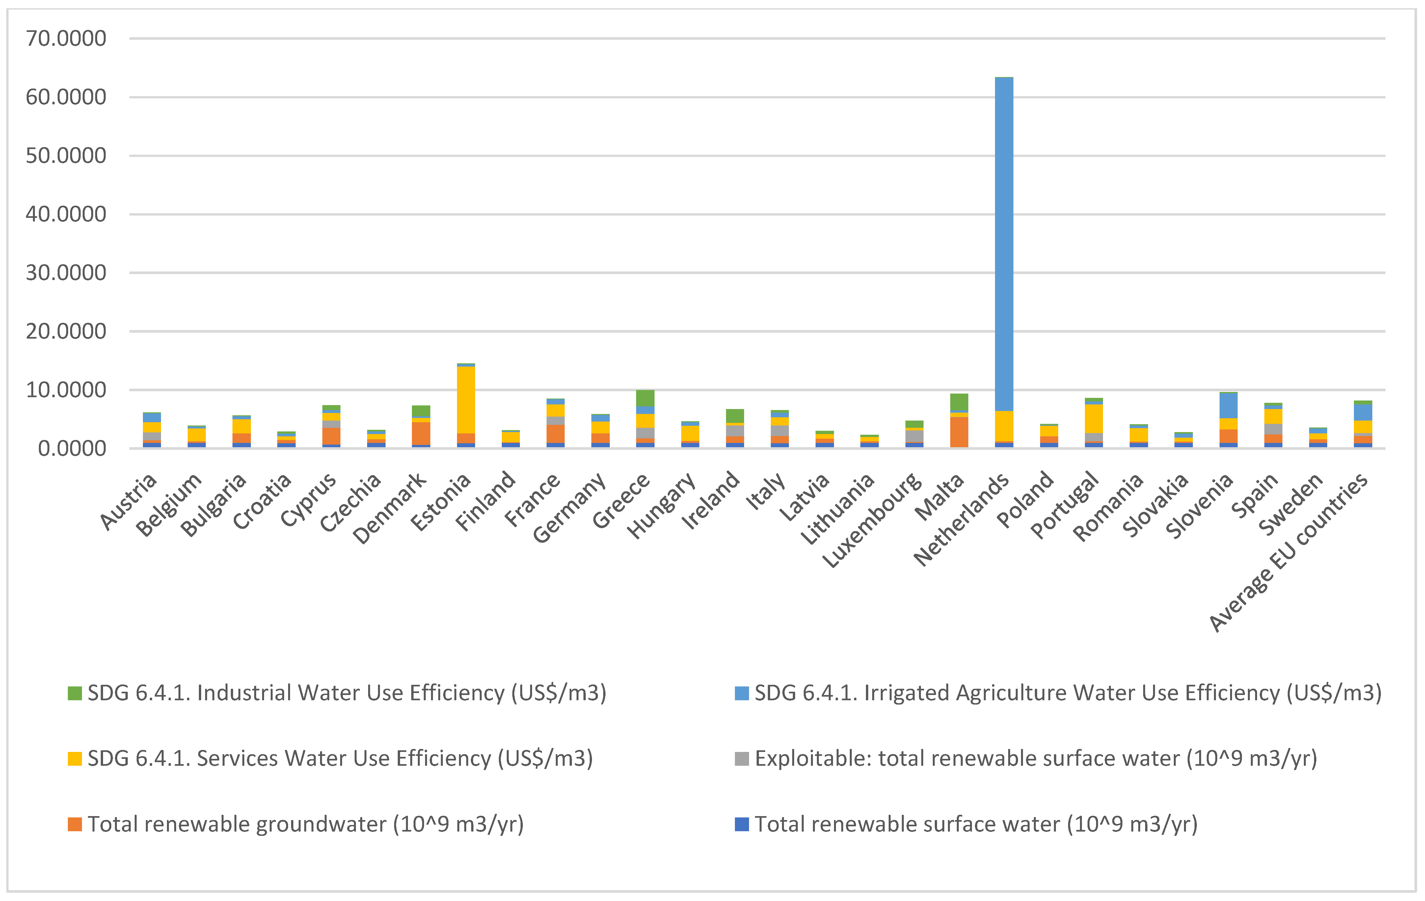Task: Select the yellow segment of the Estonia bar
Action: click(466, 400)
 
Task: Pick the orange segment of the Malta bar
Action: click(959, 432)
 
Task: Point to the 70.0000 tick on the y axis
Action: click(66, 39)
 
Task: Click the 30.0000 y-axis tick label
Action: click(66, 273)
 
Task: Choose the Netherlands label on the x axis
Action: click(962, 519)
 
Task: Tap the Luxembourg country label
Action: click(873, 521)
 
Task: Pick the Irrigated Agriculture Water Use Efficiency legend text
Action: click(1067, 693)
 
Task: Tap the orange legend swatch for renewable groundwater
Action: click(74, 824)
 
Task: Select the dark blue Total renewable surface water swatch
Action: click(741, 824)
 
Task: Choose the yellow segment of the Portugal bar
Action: click(1093, 419)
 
